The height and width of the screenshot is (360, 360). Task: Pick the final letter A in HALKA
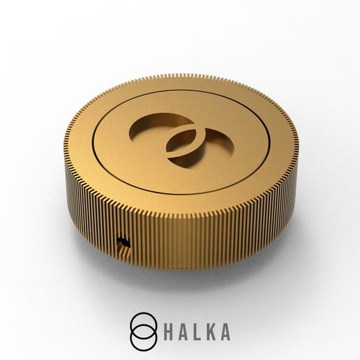[224, 332]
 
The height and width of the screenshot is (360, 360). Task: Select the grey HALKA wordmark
[197, 332]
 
